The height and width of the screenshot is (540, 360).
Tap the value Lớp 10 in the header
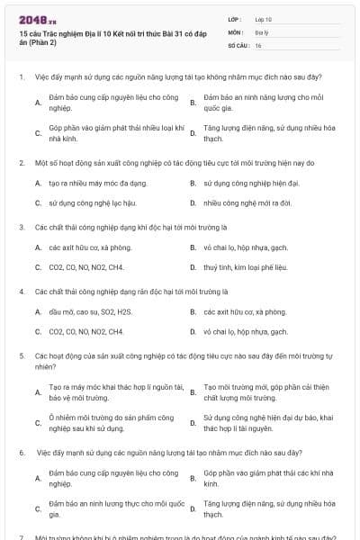pos(264,18)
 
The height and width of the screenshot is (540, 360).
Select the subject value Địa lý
pos(262,31)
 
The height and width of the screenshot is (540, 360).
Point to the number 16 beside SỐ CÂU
pos(258,44)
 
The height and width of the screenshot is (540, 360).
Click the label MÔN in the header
pos(235,31)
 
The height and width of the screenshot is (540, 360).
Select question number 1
pos(21,76)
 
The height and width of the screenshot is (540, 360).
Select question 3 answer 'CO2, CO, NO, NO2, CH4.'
pos(86,266)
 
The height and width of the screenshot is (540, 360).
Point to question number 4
pos(21,292)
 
